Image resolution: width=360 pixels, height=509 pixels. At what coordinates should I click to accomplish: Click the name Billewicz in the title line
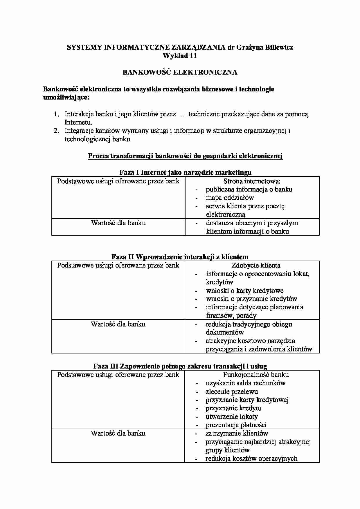279,47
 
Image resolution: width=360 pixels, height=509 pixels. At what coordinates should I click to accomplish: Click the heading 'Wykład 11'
180,56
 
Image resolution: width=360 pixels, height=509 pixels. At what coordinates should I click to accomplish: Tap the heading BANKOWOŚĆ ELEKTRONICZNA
180,72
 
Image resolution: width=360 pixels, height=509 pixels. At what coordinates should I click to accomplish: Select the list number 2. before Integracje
56,131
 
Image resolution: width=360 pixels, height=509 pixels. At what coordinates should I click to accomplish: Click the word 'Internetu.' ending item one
78,122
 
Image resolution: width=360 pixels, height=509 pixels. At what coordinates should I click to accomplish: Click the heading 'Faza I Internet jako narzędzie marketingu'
185,172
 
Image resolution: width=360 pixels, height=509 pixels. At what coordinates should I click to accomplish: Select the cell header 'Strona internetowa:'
252,181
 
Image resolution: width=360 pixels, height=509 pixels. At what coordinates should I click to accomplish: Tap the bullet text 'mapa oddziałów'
230,198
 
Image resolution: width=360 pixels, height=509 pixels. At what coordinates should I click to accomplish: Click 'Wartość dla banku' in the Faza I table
118,223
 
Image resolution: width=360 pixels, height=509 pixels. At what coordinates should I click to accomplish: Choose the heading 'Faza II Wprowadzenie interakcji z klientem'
180,257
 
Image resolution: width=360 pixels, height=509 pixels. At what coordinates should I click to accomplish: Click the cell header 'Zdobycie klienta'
256,265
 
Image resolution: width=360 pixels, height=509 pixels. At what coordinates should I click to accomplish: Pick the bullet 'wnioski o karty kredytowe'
244,290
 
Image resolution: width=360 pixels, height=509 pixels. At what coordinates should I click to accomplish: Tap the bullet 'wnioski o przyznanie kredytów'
251,299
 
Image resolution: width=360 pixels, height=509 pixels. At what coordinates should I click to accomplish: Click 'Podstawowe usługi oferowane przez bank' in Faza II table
118,265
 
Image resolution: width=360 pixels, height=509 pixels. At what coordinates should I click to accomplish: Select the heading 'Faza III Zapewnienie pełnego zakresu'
180,366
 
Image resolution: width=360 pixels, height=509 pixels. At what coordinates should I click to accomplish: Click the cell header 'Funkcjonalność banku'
256,375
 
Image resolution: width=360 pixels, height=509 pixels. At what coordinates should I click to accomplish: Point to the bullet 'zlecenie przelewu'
231,391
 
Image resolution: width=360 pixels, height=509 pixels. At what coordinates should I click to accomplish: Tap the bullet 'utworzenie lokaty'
231,416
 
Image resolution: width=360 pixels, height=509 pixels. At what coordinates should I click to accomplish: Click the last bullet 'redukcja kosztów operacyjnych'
251,459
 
